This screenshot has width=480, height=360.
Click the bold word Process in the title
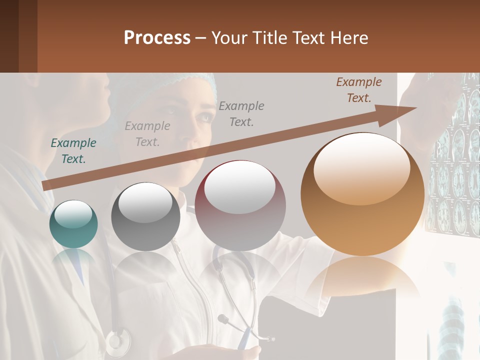(157, 38)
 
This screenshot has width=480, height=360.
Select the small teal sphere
(73, 224)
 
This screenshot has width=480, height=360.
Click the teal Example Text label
(73, 151)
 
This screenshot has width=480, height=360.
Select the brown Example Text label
(358, 90)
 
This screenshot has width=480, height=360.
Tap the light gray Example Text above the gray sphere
(147, 134)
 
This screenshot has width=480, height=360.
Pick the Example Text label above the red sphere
(241, 113)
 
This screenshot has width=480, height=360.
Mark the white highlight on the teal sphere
(73, 214)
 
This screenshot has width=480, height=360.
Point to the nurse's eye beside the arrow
(204, 116)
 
